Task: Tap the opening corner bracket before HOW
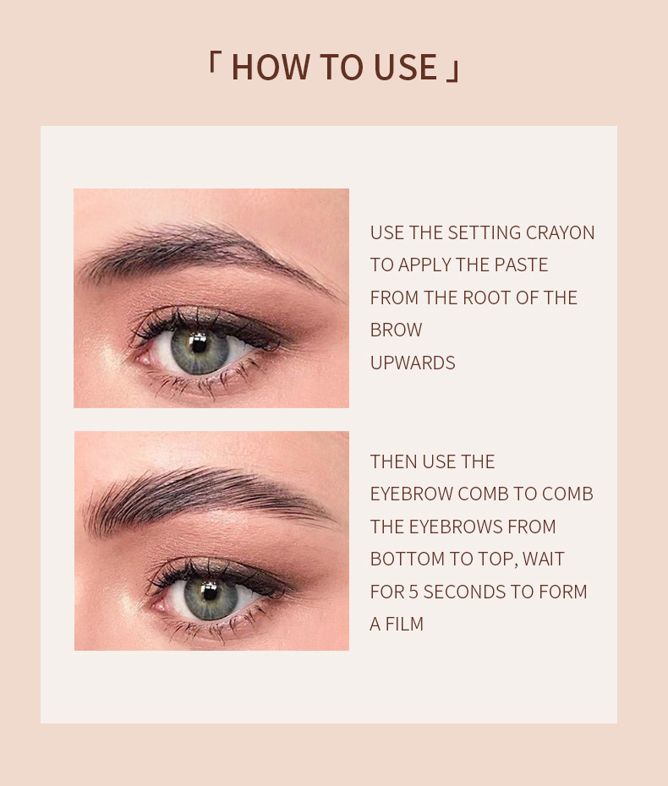212,63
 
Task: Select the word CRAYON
560,232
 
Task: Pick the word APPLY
424,265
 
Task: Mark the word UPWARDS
413,363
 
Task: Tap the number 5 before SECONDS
413,592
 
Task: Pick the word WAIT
543,559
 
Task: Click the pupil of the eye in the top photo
199,343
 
